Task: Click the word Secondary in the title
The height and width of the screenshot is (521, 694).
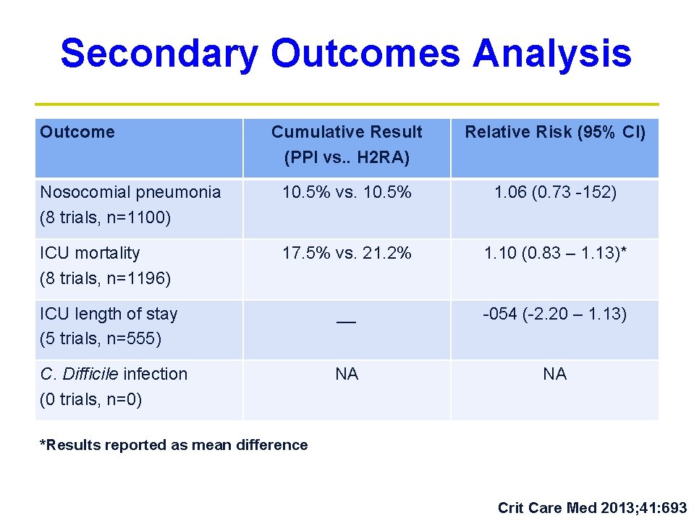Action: pyautogui.click(x=158, y=54)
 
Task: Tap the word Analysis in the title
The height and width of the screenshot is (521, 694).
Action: pyautogui.click(x=551, y=54)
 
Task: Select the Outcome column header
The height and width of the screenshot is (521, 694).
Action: pyautogui.click(x=77, y=132)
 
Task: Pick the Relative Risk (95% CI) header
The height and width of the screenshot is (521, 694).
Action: pyautogui.click(x=555, y=132)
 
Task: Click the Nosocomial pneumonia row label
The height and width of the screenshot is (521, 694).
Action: pyautogui.click(x=130, y=192)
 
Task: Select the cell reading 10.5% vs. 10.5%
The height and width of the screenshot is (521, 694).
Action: pyautogui.click(x=347, y=192)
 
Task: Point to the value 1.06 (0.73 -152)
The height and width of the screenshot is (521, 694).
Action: pyautogui.click(x=555, y=192)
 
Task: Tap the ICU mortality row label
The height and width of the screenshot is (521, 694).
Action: pyautogui.click(x=90, y=253)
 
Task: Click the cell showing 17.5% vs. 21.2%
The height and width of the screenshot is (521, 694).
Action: pyautogui.click(x=347, y=253)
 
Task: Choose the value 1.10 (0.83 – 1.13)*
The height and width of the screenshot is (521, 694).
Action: pyautogui.click(x=555, y=253)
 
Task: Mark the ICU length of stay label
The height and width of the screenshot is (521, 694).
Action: pyautogui.click(x=109, y=314)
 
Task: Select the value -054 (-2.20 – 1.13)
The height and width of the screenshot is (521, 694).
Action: pyautogui.click(x=555, y=314)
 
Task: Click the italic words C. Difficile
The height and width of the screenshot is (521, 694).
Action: pyautogui.click(x=80, y=374)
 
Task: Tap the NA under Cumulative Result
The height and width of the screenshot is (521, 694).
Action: pyautogui.click(x=347, y=374)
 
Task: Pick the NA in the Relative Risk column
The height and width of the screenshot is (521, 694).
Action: pyautogui.click(x=555, y=374)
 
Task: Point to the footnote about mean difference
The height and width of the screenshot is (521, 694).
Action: pyautogui.click(x=174, y=445)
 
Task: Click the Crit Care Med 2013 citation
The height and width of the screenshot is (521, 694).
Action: pyautogui.click(x=592, y=508)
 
